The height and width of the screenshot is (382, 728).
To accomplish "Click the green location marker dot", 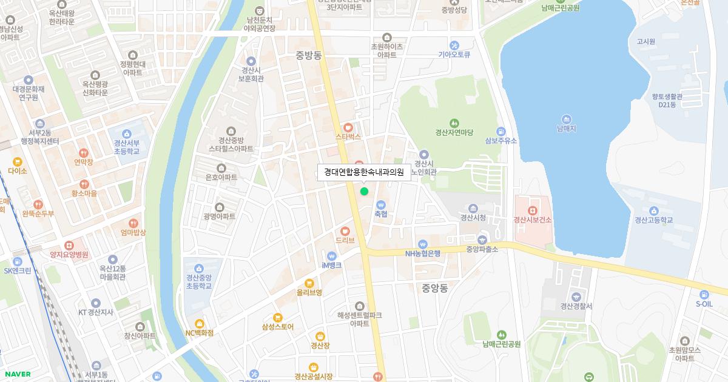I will tap(364, 192).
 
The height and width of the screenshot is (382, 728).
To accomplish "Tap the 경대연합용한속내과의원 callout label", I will tap(363, 172).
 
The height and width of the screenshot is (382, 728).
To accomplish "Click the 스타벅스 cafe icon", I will tap(348, 127).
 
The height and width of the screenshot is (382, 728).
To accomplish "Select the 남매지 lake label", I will tap(566, 129).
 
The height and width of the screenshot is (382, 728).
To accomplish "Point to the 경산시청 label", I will tap(473, 218).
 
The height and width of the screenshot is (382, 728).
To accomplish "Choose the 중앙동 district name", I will tap(434, 288).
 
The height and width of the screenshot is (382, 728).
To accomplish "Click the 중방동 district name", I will tap(309, 55).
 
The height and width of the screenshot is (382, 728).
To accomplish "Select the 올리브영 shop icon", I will tap(309, 283).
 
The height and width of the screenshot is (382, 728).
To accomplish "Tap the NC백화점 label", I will tap(200, 332).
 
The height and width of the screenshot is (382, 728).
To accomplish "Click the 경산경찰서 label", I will tap(576, 306).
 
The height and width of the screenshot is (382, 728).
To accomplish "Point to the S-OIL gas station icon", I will tap(704, 294).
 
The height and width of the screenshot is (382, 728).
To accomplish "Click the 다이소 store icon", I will tap(18, 162).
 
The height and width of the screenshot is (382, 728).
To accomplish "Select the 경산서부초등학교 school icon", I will tap(126, 134).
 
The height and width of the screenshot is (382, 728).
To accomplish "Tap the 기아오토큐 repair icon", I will tap(454, 45).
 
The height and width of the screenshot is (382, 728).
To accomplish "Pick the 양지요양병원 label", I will tap(69, 255).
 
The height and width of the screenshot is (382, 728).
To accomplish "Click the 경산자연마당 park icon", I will tap(454, 123).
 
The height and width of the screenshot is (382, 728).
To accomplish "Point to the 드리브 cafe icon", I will tap(345, 231).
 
